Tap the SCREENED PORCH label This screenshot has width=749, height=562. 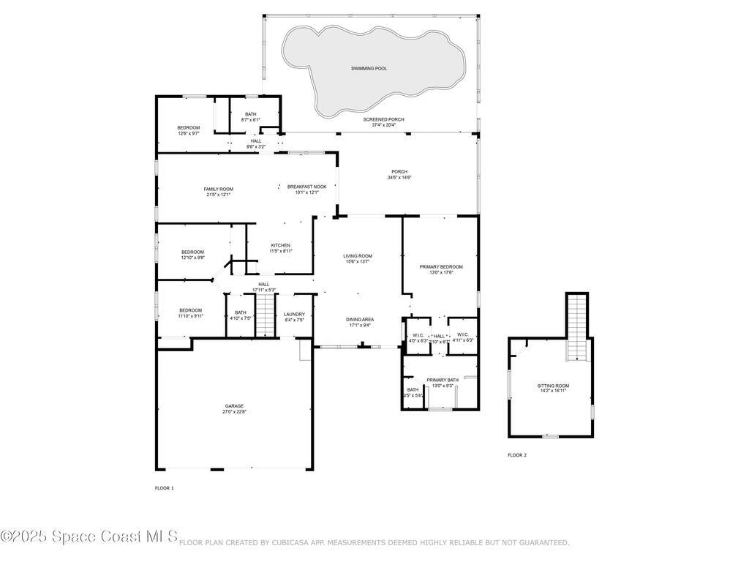coord(384,119)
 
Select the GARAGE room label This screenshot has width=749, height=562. coord(234,406)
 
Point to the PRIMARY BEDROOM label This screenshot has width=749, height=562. coord(441,267)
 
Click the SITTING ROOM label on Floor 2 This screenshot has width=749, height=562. coord(553,386)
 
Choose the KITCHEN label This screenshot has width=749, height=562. coord(281,245)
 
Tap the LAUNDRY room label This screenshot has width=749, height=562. coord(294,314)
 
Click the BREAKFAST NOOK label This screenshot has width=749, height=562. coord(306,187)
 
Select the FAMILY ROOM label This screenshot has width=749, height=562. coord(218,189)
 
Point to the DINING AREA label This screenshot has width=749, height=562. coord(360,319)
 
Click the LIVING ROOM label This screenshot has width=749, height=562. coord(358,255)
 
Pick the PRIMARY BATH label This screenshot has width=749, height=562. coord(443,380)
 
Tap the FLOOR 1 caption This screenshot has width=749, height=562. coord(164,488)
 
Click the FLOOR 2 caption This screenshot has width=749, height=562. coord(517,455)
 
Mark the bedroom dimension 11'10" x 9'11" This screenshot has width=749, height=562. coord(190,316)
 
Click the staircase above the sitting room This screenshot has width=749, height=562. coord(577,326)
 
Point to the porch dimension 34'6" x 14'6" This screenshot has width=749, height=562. coord(399,177)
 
